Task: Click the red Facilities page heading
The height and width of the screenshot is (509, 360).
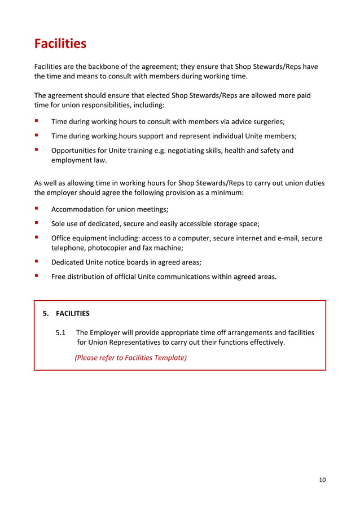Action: coord(60,43)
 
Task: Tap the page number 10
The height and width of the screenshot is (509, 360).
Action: coord(322,480)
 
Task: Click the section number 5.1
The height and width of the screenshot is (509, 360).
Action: coord(62,332)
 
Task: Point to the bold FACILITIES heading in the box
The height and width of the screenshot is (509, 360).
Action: coord(73,313)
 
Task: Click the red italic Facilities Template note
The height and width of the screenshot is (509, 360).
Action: coord(130,357)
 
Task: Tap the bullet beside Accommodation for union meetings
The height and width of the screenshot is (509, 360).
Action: coord(37,208)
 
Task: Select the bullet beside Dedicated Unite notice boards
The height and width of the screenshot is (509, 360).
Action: coord(37,261)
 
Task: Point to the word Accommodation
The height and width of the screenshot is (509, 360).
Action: coord(77,209)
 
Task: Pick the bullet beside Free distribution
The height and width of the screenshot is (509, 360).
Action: coord(37,276)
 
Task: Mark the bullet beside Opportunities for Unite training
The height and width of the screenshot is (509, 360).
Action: coord(37,150)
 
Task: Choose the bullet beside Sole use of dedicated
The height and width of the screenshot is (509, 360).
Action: coord(37,223)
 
